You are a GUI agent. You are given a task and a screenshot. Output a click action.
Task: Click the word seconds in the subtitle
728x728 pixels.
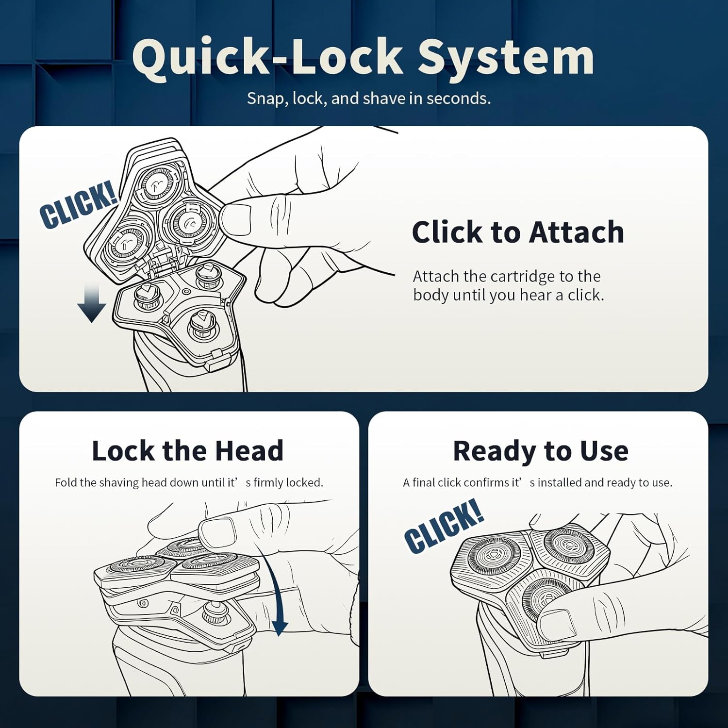pos(458,99)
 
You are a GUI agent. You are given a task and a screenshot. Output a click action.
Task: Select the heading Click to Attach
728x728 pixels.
pos(518,232)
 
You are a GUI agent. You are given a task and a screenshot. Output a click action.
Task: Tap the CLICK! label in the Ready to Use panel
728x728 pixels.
pos(444,526)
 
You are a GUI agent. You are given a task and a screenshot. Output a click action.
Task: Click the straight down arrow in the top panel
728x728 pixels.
pos(91,302)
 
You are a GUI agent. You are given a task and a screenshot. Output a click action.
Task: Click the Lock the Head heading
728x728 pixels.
pos(187,451)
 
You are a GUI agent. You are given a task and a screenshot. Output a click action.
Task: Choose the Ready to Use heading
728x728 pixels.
pos(541,451)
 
